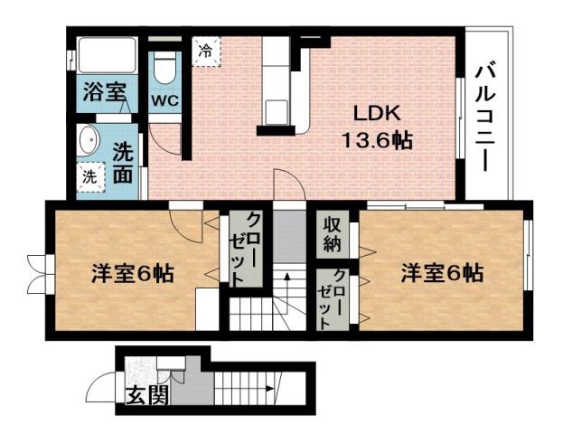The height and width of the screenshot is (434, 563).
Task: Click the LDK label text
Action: coord(376,115)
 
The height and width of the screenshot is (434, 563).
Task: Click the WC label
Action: coord(164,99)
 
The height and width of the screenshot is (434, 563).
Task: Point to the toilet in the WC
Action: coord(164,66)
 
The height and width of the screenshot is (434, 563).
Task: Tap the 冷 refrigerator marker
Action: coord(207,50)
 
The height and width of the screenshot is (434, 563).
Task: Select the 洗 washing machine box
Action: coord(89,177)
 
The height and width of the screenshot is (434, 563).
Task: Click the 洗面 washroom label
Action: coord(124,163)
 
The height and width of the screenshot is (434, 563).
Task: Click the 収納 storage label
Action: coord(332,233)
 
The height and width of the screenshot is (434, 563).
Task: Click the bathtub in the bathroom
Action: coord(105,55)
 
